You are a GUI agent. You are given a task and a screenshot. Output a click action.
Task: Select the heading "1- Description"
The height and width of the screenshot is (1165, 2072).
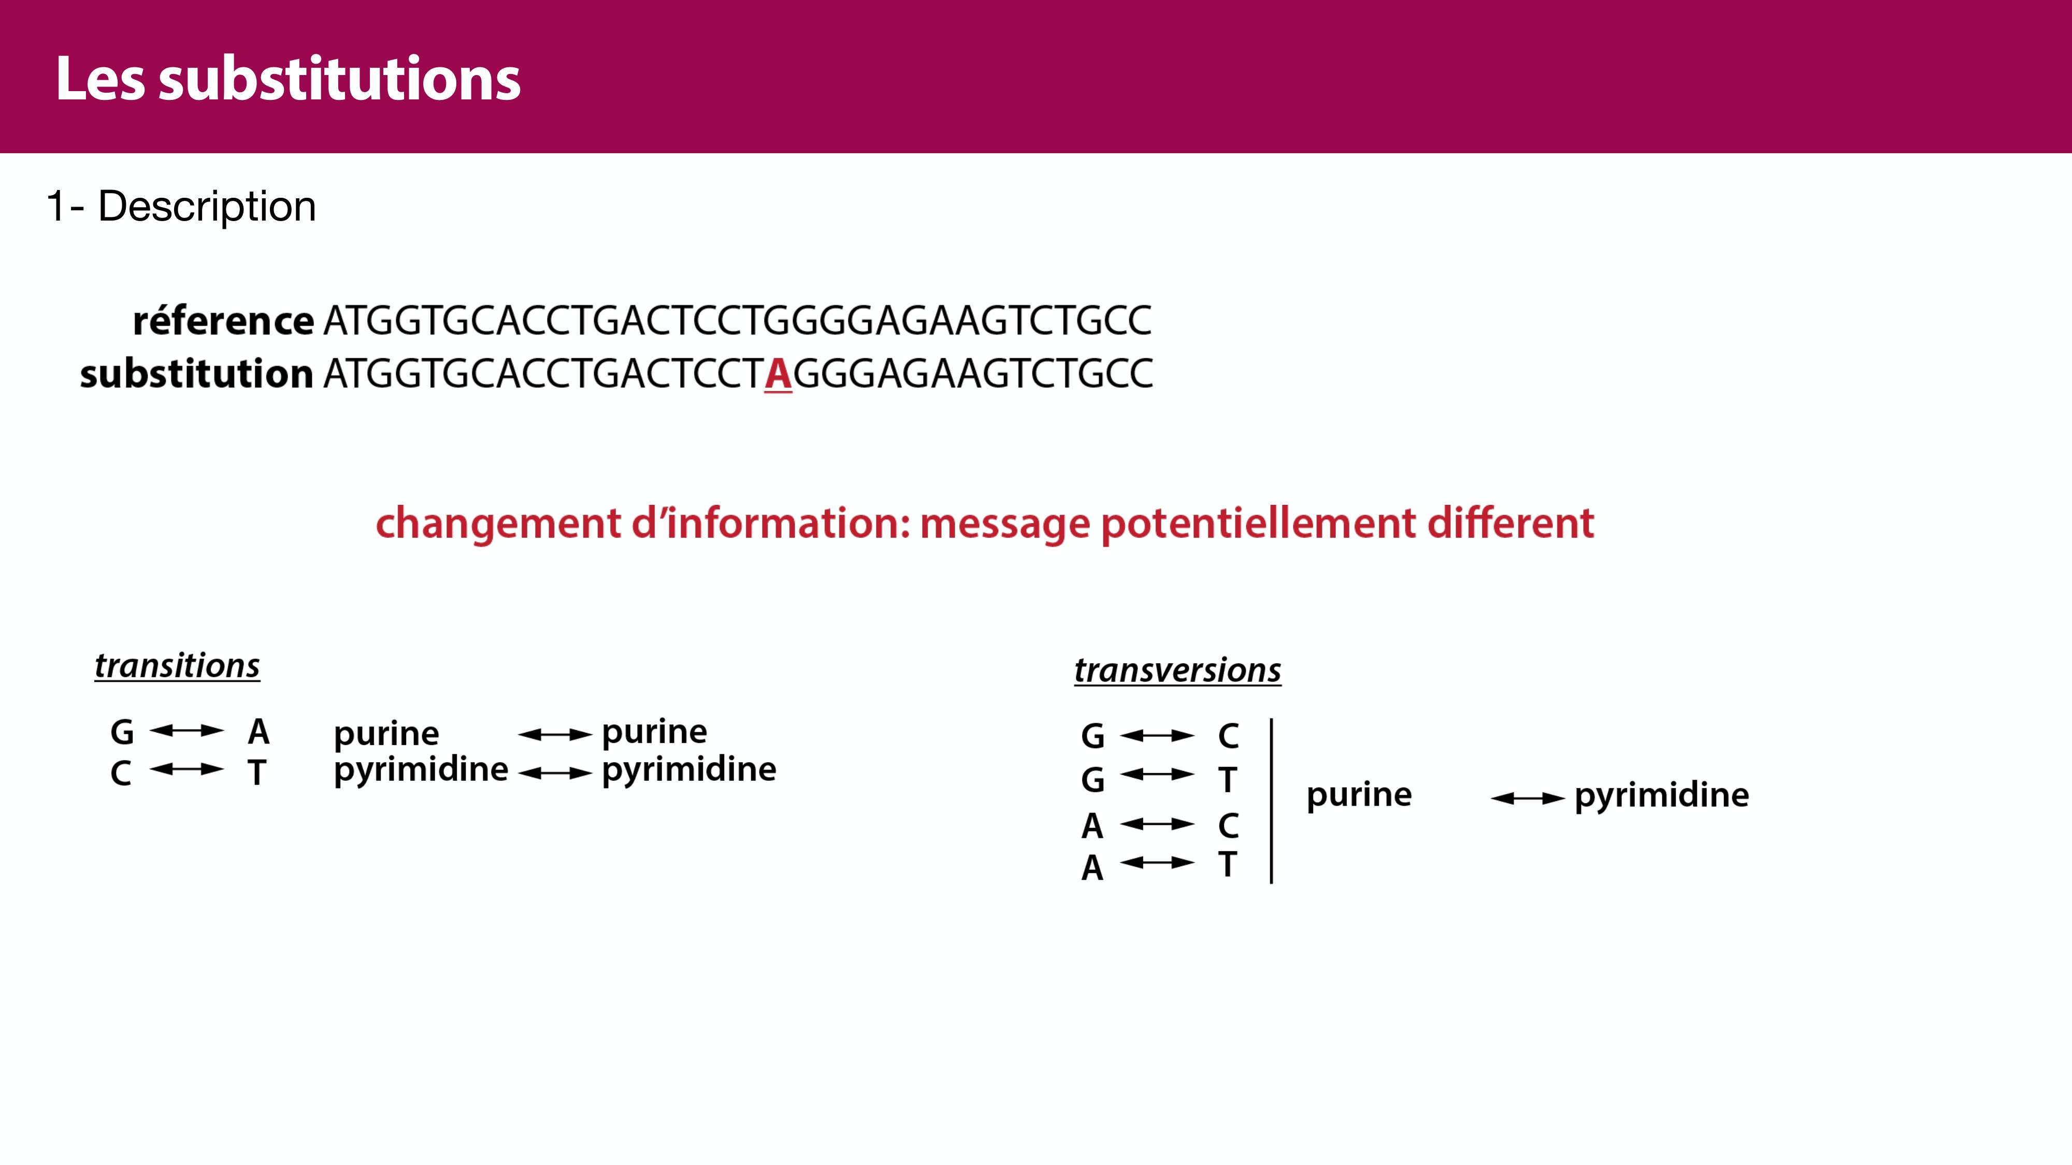click(181, 207)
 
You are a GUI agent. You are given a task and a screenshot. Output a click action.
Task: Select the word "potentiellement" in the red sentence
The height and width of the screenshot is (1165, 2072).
click(1259, 524)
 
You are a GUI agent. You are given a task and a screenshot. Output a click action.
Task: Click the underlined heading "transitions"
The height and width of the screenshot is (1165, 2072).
click(177, 666)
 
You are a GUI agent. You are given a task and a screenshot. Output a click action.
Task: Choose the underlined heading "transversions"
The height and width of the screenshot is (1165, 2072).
click(1177, 669)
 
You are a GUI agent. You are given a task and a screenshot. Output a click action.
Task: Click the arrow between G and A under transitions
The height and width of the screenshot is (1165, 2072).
click(186, 730)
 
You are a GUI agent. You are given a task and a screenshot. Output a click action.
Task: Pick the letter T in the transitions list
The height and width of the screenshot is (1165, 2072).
click(256, 773)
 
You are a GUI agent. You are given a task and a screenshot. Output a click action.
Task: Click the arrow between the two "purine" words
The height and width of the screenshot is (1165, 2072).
click(555, 734)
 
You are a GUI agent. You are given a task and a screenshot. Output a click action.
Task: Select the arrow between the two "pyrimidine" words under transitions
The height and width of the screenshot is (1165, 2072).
click(555, 774)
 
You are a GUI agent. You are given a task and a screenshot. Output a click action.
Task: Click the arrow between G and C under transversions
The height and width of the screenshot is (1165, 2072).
click(1157, 735)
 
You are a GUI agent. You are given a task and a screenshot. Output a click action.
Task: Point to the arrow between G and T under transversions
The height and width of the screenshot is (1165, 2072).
click(1157, 774)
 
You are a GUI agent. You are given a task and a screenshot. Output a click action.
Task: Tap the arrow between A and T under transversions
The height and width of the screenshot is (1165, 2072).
click(1157, 863)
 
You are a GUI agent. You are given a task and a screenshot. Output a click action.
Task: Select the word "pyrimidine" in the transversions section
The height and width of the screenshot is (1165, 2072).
click(1662, 796)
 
